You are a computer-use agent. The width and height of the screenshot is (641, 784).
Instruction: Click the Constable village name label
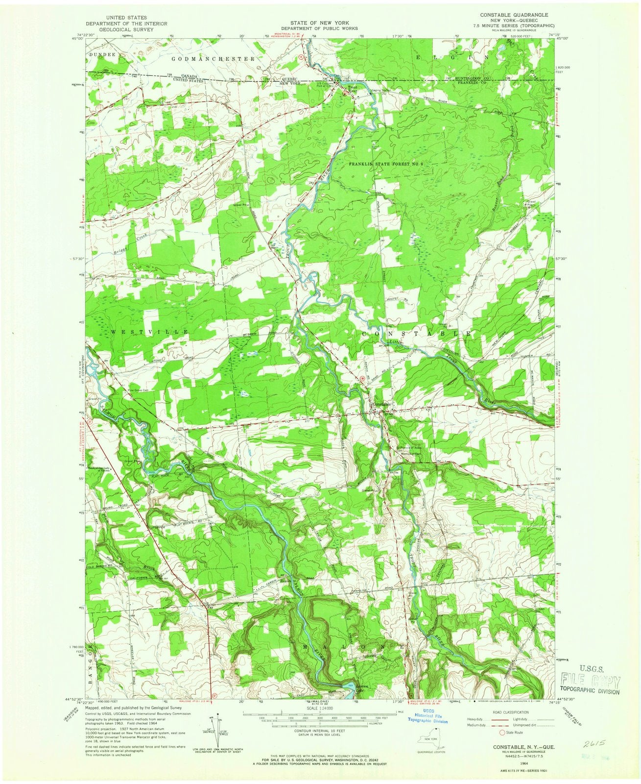pyautogui.click(x=382, y=404)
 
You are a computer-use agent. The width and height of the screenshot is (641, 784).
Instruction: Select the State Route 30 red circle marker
pyautogui.click(x=362, y=378)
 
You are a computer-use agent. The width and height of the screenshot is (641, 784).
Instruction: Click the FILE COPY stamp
pyautogui.click(x=592, y=682)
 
